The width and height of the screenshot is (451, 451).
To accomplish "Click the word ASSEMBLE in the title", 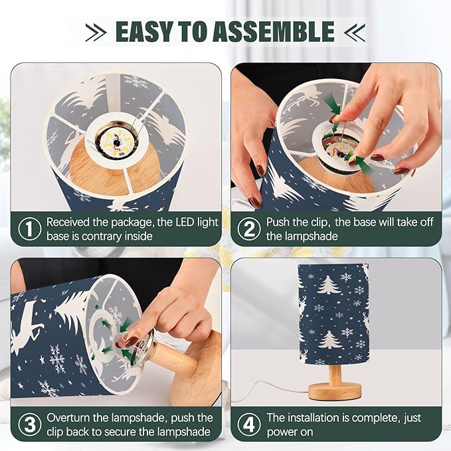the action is click(274, 31).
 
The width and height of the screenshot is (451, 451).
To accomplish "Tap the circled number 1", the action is click(30, 229).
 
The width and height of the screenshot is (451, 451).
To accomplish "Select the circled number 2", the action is click(249, 229).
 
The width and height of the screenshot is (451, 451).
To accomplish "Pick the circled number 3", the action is click(30, 424).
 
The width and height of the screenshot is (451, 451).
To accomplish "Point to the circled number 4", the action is click(249, 424).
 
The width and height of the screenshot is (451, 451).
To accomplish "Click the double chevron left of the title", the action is click(96, 33).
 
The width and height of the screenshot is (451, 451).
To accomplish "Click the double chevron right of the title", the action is click(355, 33).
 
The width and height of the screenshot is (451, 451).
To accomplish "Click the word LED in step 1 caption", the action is click(183, 222).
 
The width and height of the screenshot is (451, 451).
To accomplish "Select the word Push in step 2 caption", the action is click(279, 223).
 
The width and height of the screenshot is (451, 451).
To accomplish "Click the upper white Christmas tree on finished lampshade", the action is click(328, 284).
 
